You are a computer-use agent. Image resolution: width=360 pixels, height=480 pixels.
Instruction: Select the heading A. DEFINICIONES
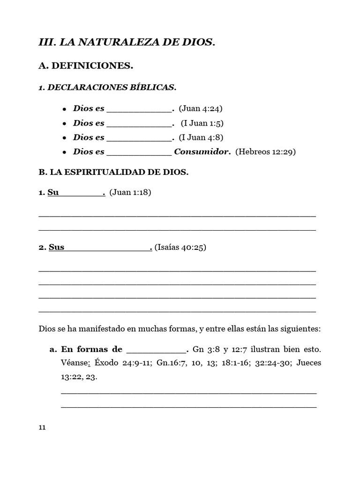(86, 67)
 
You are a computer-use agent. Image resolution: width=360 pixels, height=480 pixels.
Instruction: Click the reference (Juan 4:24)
(200, 109)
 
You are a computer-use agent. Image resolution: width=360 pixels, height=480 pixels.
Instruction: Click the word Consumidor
(202, 152)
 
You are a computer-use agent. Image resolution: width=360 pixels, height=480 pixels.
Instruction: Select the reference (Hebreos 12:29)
(265, 152)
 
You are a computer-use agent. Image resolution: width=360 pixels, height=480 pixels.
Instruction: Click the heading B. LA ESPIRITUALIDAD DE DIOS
(113, 172)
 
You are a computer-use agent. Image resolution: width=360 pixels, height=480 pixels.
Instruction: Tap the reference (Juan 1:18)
(130, 193)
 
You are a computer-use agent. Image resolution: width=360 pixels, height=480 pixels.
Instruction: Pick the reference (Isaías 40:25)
(180, 247)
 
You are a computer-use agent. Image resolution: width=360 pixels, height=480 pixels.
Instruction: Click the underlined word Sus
(56, 247)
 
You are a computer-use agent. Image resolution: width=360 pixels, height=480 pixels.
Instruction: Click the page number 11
(42, 427)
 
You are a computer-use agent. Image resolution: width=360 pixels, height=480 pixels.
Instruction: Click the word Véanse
(75, 363)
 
